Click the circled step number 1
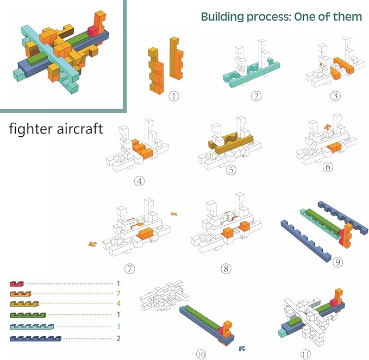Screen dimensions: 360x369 point(174,97)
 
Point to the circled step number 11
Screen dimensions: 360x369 point(306,354)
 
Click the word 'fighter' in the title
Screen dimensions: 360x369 point(32,130)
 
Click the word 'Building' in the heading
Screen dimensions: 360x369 point(223,16)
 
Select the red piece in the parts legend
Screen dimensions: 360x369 point(17,283)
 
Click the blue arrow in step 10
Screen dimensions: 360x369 point(242,348)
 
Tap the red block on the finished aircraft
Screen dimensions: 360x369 point(93,31)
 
